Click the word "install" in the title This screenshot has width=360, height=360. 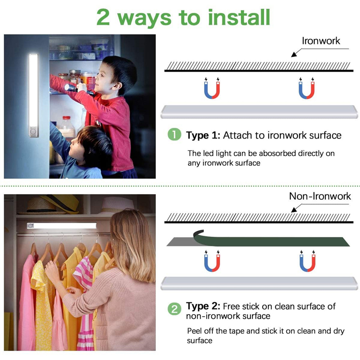239,17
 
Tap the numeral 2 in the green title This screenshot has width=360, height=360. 103,18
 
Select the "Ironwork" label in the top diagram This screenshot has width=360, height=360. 321,41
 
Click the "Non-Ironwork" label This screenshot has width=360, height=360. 320,196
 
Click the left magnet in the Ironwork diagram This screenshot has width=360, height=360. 212,88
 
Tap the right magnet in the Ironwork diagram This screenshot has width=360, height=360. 306,88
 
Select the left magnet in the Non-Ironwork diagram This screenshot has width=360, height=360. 212,261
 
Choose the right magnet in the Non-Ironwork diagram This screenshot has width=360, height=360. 308,261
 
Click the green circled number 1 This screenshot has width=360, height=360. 174,134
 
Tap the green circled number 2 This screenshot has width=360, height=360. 174,309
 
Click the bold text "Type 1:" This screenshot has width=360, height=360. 203,135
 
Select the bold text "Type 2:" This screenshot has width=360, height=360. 203,306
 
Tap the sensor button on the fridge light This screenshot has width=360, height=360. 33,131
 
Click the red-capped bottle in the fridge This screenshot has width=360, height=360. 66,126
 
